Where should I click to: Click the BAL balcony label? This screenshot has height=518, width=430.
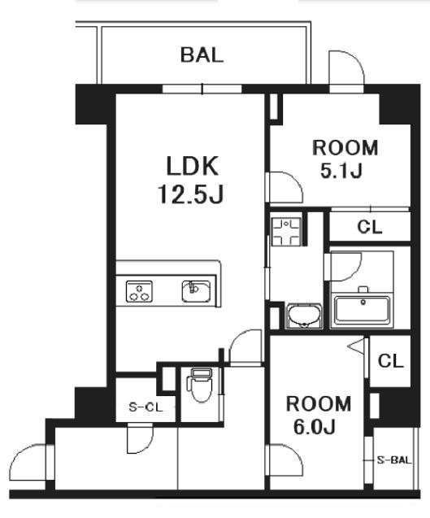tap(202, 54)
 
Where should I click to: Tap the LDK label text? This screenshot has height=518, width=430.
tap(192, 166)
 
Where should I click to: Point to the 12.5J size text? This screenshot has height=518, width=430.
tap(190, 194)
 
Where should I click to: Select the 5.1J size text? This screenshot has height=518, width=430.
tap(341, 171)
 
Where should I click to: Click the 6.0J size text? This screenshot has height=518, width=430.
tap(314, 427)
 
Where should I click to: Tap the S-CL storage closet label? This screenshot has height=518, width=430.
tap(146, 407)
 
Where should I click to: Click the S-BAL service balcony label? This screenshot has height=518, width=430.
tap(394, 460)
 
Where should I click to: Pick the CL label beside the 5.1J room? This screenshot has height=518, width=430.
tap(370, 227)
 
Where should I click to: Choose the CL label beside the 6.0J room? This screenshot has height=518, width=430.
tap(391, 361)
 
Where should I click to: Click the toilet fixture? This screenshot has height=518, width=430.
tap(201, 385)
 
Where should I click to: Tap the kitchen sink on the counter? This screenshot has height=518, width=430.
tap(196, 291)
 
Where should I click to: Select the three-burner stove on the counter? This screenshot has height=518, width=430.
tap(139, 291)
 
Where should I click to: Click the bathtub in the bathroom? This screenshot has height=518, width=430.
tap(362, 308)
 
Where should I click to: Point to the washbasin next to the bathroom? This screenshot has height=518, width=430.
tap(304, 316)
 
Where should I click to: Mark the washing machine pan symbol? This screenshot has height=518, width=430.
tap(286, 231)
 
